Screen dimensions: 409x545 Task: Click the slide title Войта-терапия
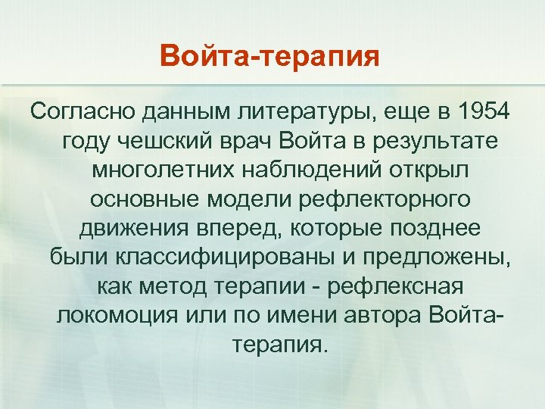(x=270, y=55)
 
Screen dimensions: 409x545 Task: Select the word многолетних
(x=159, y=170)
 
